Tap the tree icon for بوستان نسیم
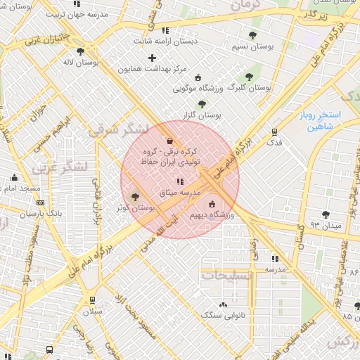(252, 35)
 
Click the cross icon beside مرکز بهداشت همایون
(152, 58)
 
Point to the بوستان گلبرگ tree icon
(248, 77)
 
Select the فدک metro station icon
(274, 131)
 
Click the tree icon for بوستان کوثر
(136, 197)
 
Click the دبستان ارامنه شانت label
(165, 41)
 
